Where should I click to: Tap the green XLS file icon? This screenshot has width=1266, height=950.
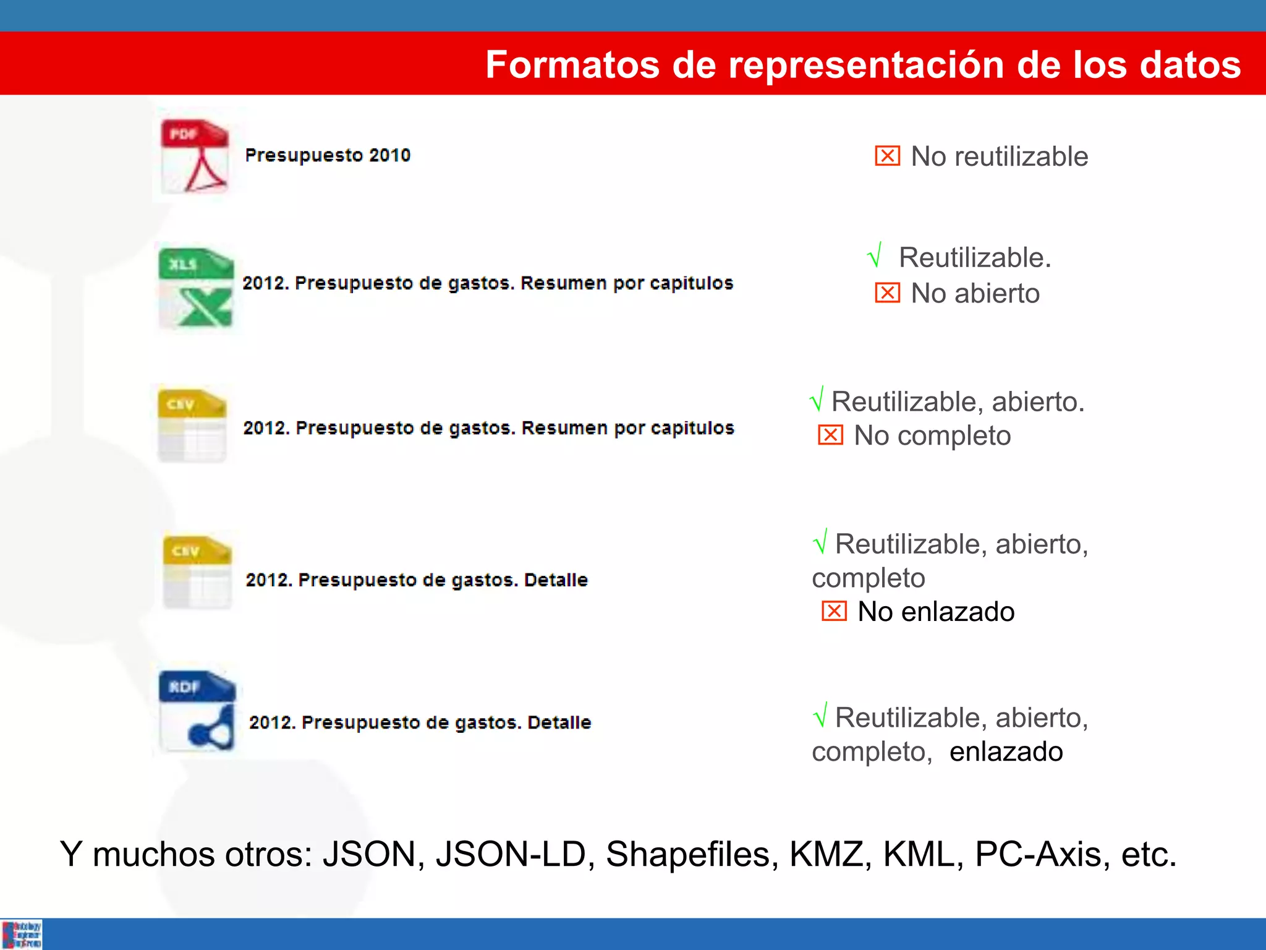[196, 288]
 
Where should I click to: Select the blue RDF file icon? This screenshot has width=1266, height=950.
[197, 711]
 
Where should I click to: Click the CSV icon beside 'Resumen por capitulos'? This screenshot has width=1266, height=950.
[192, 426]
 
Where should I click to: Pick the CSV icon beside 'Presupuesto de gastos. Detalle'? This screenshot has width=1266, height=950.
[197, 572]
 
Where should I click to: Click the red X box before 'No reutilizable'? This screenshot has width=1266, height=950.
[887, 156]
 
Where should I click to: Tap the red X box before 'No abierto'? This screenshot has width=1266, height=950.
[887, 293]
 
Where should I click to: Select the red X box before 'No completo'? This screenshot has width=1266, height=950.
[830, 435]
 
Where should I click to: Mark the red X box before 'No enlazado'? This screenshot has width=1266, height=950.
[834, 611]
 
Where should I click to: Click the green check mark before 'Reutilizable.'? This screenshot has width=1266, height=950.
[875, 255]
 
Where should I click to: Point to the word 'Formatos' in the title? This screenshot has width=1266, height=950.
[572, 64]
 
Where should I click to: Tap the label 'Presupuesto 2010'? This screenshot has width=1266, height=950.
[328, 155]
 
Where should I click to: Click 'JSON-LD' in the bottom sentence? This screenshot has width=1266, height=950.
[511, 854]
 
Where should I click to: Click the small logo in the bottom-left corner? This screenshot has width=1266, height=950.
[22, 934]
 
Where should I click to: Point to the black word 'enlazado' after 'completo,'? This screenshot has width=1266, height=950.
[1006, 751]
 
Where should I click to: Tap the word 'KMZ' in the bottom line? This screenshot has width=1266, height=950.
[827, 854]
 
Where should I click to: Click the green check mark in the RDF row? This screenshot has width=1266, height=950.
[820, 716]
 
